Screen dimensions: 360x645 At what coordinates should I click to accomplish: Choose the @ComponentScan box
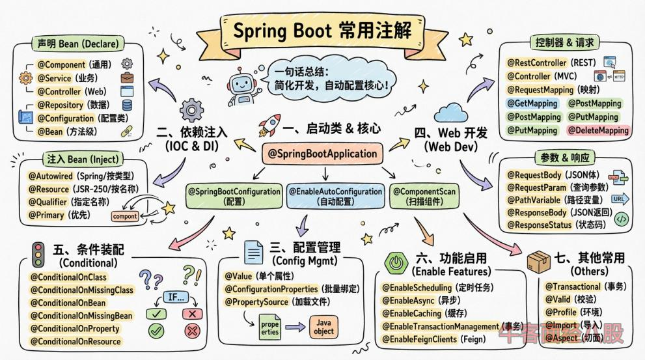(424, 196)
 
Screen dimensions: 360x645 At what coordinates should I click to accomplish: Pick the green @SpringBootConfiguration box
(235, 196)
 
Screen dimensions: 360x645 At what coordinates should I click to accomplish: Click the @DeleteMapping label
(598, 130)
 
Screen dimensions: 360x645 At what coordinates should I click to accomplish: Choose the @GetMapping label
(532, 104)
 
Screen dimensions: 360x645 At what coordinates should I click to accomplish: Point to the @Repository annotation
(60, 105)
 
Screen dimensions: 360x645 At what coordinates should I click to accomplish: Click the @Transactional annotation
(573, 286)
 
